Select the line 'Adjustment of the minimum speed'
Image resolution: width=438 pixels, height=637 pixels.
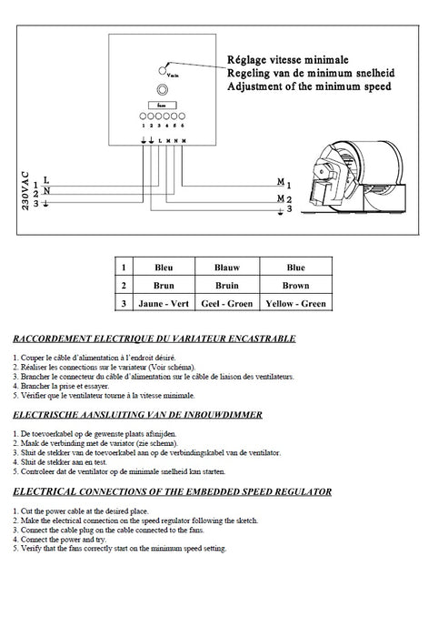coord(311,88)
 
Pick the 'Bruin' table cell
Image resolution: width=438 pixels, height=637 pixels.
coord(226,285)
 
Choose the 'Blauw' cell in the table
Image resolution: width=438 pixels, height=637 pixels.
coord(226,268)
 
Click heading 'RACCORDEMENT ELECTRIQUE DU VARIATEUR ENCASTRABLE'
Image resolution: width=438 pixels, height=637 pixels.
coord(154,339)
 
